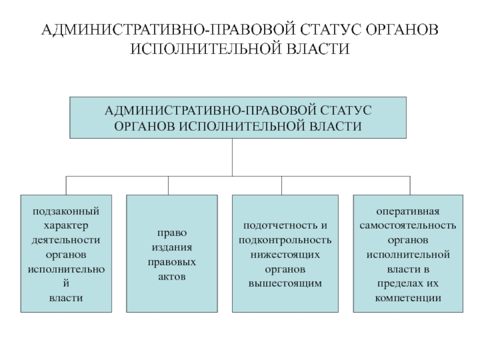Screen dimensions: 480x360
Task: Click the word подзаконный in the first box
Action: click(x=66, y=212)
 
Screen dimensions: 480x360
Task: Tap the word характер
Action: click(x=66, y=226)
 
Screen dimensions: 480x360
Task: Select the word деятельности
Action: click(x=66, y=241)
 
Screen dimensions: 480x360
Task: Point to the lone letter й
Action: click(x=66, y=283)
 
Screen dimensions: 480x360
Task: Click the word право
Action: click(x=172, y=233)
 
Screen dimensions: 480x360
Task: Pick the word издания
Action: click(x=172, y=247)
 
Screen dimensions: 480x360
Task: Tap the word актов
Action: click(x=172, y=277)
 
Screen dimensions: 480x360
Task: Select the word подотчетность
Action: click(x=281, y=226)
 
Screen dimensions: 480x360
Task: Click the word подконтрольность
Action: click(x=285, y=241)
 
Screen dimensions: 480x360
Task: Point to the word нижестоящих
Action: click(x=285, y=255)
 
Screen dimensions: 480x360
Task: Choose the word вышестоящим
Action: click(x=285, y=283)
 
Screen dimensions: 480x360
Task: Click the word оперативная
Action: click(x=408, y=212)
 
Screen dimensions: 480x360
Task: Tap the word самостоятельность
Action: click(x=408, y=226)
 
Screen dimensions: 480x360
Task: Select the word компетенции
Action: click(x=408, y=298)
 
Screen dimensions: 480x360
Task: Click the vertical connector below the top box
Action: click(x=232, y=157)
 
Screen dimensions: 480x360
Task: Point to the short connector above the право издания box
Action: click(x=168, y=185)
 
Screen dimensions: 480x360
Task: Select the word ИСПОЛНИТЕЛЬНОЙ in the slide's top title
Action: click(x=205, y=49)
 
